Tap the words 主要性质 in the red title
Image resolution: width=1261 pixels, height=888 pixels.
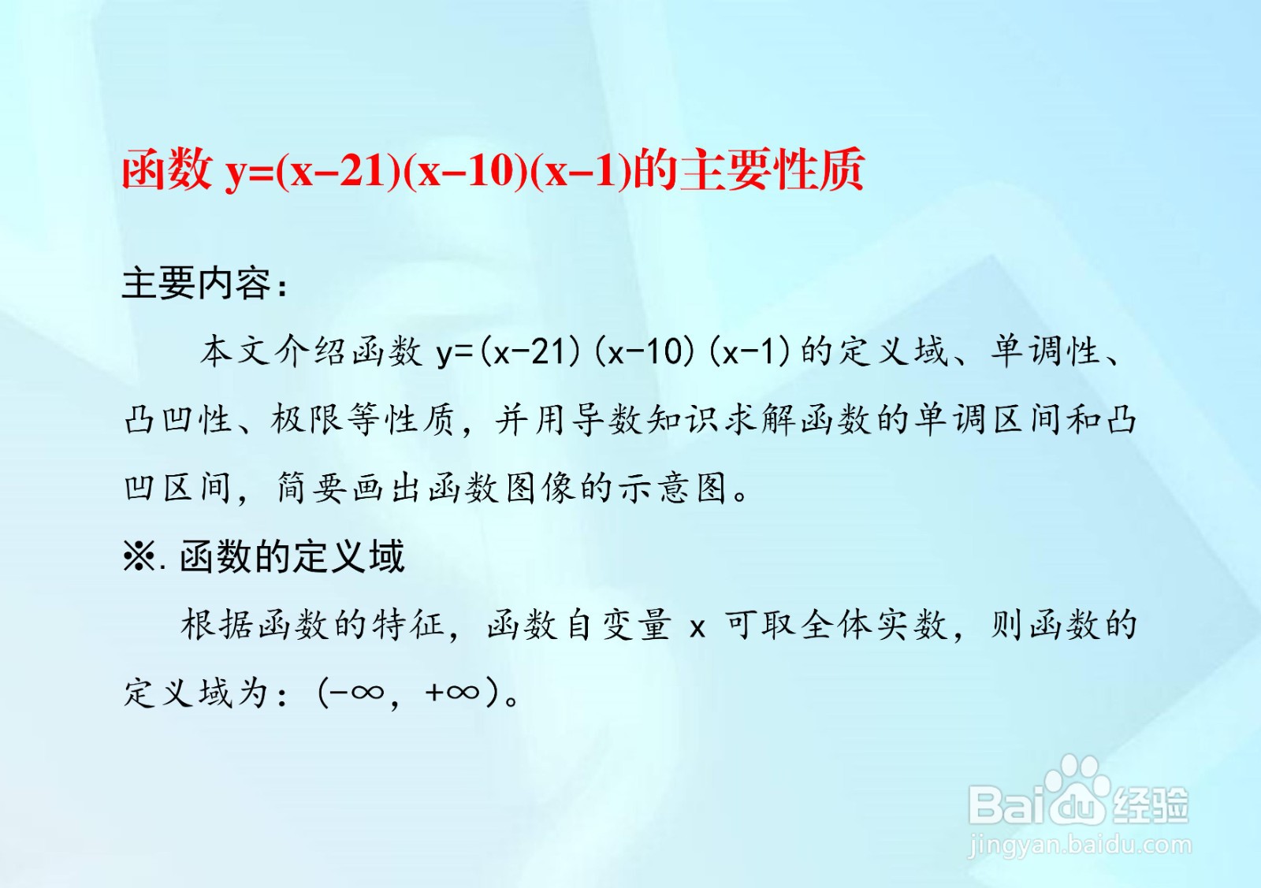(x=772, y=169)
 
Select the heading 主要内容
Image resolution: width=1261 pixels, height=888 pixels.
(x=196, y=283)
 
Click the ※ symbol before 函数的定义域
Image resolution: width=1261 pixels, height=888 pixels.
(x=139, y=556)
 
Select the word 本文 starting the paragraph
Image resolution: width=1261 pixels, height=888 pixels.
(x=235, y=351)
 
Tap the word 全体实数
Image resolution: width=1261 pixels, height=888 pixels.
(x=874, y=625)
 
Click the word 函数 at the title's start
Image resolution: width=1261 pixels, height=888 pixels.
(x=167, y=169)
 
